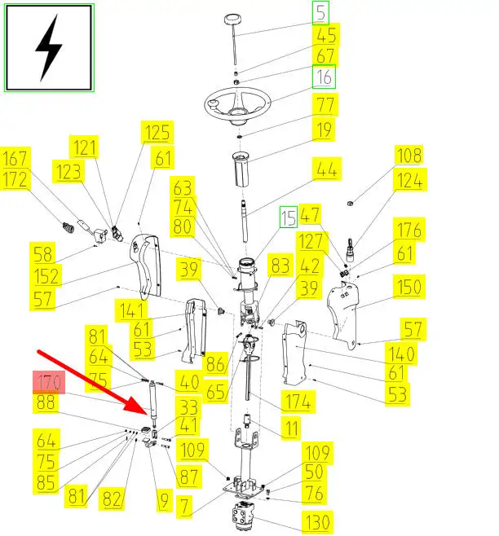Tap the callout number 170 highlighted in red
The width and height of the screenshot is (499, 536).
(x=47, y=381)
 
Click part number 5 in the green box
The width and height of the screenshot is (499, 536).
(x=321, y=12)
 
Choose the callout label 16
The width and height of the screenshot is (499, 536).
(x=325, y=77)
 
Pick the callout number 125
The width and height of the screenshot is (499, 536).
(x=157, y=133)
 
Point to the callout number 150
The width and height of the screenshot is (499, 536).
(x=408, y=287)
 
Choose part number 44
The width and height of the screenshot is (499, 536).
(x=326, y=169)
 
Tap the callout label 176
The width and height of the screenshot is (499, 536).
(x=409, y=230)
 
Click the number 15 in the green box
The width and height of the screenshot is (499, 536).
(x=288, y=217)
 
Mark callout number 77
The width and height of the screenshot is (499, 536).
(x=325, y=105)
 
